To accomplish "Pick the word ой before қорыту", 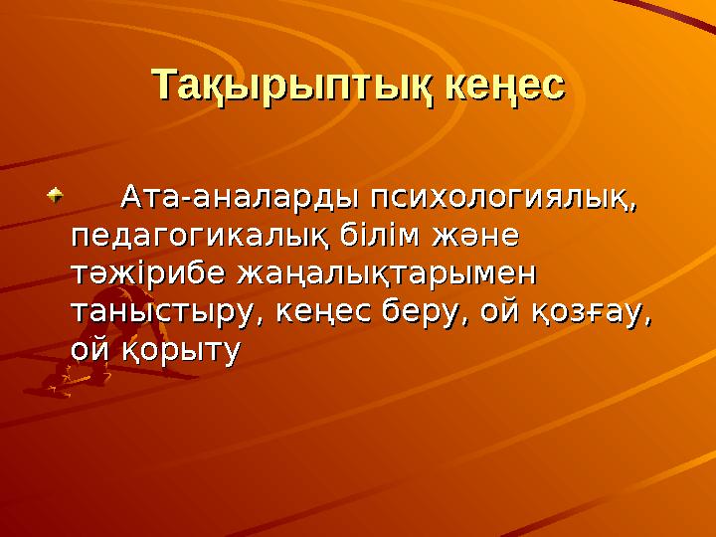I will tap(89, 349).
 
